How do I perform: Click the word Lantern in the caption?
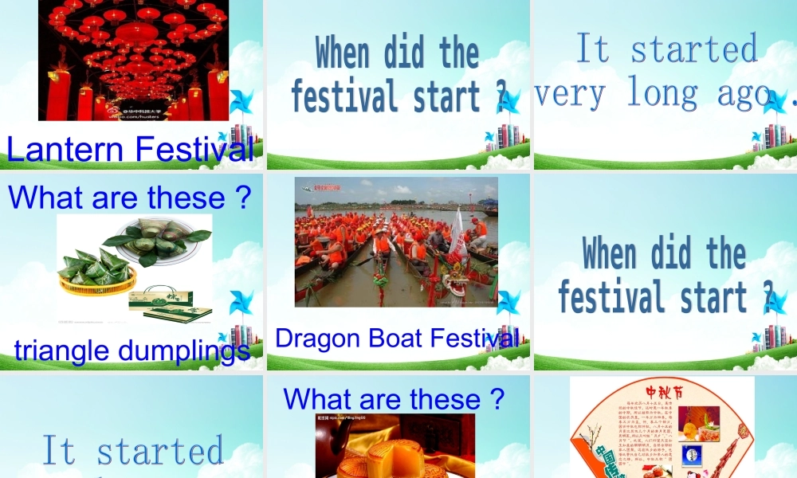pos(65,149)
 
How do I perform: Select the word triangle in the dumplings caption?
pos(64,350)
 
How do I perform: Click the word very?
pos(569,94)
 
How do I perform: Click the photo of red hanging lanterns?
pos(133,60)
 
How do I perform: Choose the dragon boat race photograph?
pos(396,241)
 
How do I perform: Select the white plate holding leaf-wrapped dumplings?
pos(163,239)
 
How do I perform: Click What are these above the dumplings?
pos(130,198)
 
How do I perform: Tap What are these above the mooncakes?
pos(394,398)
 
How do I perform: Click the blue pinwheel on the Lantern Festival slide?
pos(239,102)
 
